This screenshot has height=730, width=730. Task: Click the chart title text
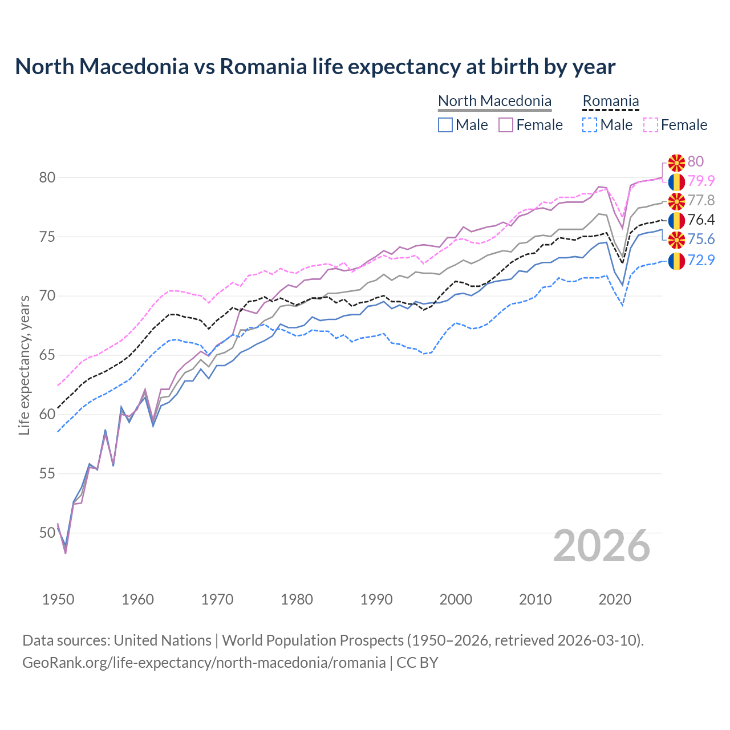tap(315, 67)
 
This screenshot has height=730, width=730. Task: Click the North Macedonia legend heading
tap(494, 101)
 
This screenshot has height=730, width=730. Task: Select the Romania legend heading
tap(610, 101)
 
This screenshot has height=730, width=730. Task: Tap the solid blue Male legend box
tap(445, 125)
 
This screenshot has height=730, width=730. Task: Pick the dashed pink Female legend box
tap(651, 125)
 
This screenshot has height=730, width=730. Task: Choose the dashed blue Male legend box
tap(590, 125)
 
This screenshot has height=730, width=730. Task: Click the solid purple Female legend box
tap(506, 125)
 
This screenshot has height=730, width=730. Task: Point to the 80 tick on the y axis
tap(47, 177)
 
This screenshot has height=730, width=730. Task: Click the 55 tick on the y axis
tap(47, 473)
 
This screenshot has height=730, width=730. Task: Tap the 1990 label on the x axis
tap(376, 599)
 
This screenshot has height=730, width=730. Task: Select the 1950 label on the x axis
tap(58, 599)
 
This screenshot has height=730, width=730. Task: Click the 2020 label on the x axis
tap(615, 599)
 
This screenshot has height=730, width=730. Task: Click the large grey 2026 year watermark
tap(601, 546)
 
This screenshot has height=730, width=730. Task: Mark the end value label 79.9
tap(701, 181)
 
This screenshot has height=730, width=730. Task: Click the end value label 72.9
tap(701, 260)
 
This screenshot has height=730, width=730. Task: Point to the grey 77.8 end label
tap(701, 200)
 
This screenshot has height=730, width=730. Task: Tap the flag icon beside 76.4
tap(676, 220)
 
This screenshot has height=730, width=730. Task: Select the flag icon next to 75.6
tap(676, 240)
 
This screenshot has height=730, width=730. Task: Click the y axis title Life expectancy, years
tap(24, 365)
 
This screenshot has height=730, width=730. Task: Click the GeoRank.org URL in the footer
tap(204, 663)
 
